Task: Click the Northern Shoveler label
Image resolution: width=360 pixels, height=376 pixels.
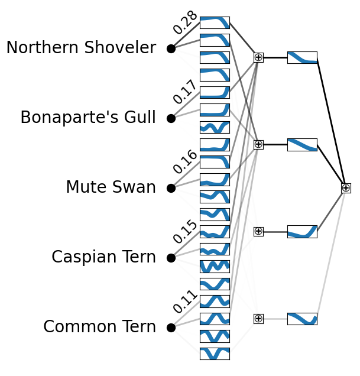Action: (x=81, y=48)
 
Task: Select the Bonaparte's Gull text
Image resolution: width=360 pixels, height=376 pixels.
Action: (x=88, y=118)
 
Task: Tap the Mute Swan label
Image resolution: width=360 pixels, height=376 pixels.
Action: (x=111, y=188)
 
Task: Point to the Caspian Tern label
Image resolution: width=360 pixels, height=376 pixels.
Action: (x=103, y=258)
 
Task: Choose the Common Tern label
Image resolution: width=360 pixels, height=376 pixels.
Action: (x=99, y=327)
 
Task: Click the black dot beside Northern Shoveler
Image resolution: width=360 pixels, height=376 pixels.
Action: (x=171, y=48)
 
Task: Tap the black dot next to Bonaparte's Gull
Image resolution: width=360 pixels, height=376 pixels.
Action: (x=171, y=118)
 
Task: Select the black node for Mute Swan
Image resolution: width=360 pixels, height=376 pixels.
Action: (x=171, y=188)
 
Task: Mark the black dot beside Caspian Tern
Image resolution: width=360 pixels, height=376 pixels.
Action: (x=171, y=258)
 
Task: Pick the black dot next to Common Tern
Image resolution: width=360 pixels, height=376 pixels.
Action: (x=171, y=327)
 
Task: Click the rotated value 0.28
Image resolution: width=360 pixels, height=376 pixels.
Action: (x=185, y=22)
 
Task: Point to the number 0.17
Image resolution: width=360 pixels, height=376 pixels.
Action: (x=185, y=92)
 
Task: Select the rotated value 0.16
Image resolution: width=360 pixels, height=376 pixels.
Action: (x=185, y=162)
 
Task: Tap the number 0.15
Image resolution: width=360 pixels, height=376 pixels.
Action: (x=185, y=232)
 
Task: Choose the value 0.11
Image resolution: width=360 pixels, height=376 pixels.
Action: (x=185, y=302)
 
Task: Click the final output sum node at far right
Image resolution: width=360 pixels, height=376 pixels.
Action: (x=346, y=188)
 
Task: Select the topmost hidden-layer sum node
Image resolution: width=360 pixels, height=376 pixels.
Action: (x=258, y=57)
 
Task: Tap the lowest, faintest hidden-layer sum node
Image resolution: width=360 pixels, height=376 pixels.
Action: (x=258, y=319)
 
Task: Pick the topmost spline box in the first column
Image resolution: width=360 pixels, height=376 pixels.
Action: (x=215, y=22)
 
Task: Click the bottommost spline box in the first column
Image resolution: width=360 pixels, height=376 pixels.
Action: (x=215, y=354)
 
